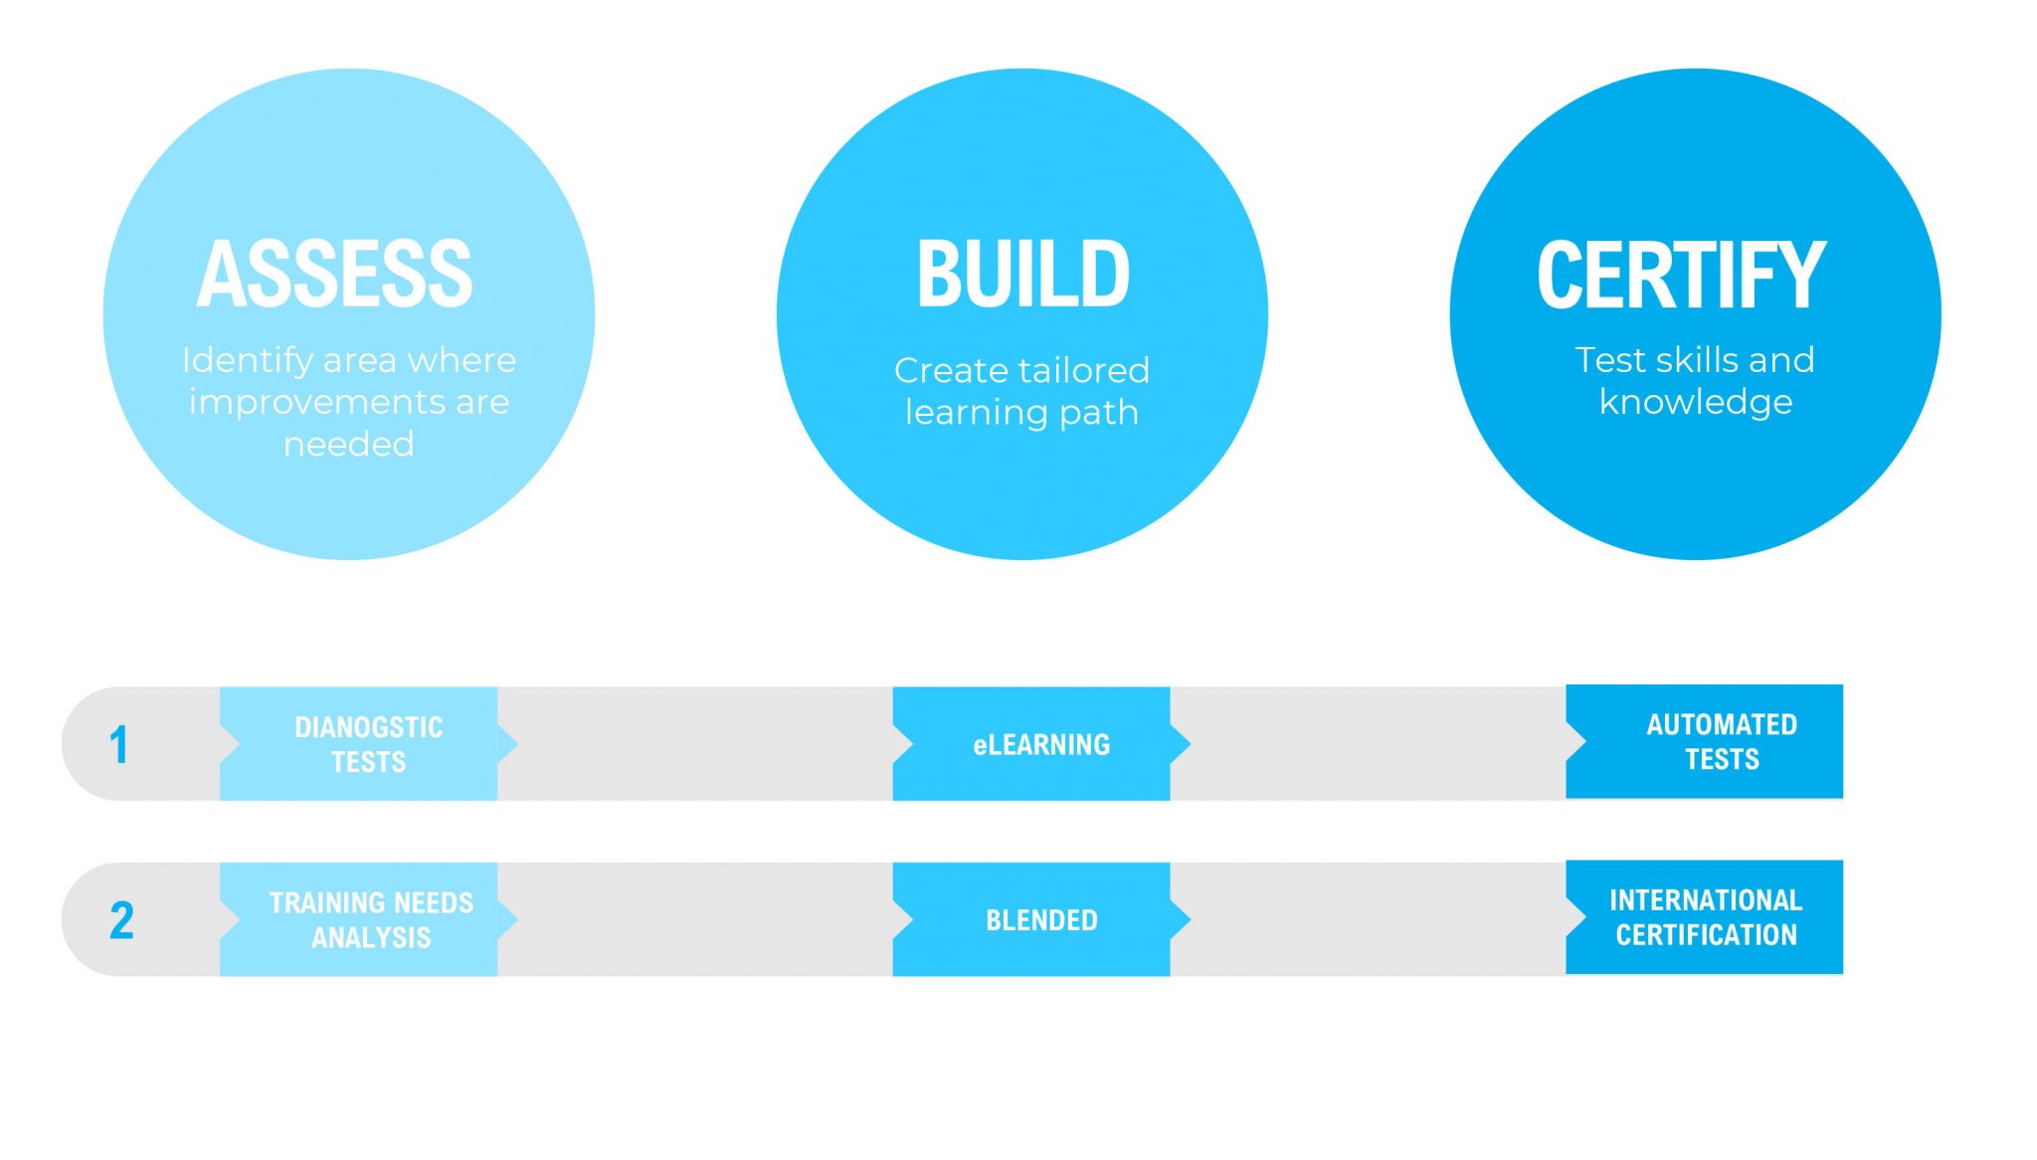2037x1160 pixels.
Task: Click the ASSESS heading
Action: (x=335, y=274)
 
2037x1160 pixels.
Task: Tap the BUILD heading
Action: (x=1022, y=274)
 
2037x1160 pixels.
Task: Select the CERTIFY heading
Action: (x=1682, y=275)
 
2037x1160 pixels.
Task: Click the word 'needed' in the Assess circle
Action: (x=348, y=444)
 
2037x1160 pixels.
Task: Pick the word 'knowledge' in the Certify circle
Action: (x=1696, y=402)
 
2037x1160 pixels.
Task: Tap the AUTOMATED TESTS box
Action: (x=1705, y=741)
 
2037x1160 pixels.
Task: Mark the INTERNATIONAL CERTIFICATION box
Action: (x=1705, y=917)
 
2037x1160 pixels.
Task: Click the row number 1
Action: (x=118, y=744)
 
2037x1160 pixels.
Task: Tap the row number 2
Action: (x=121, y=920)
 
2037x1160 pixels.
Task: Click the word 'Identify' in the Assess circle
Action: (x=248, y=360)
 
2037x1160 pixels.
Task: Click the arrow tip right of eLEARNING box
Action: (x=1190, y=743)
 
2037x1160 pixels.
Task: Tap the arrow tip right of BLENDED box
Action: (x=1190, y=919)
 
